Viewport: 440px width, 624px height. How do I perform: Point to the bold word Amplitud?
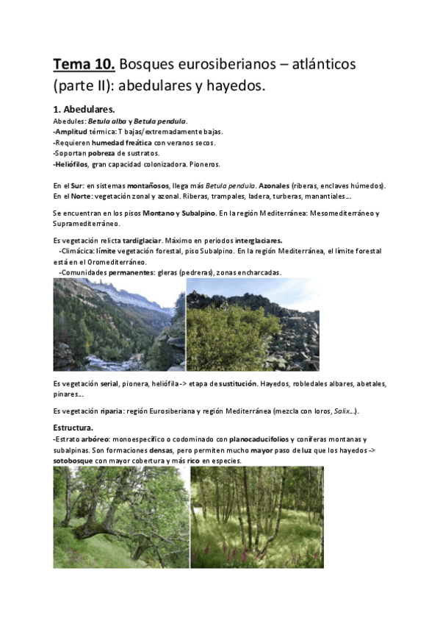(73, 131)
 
